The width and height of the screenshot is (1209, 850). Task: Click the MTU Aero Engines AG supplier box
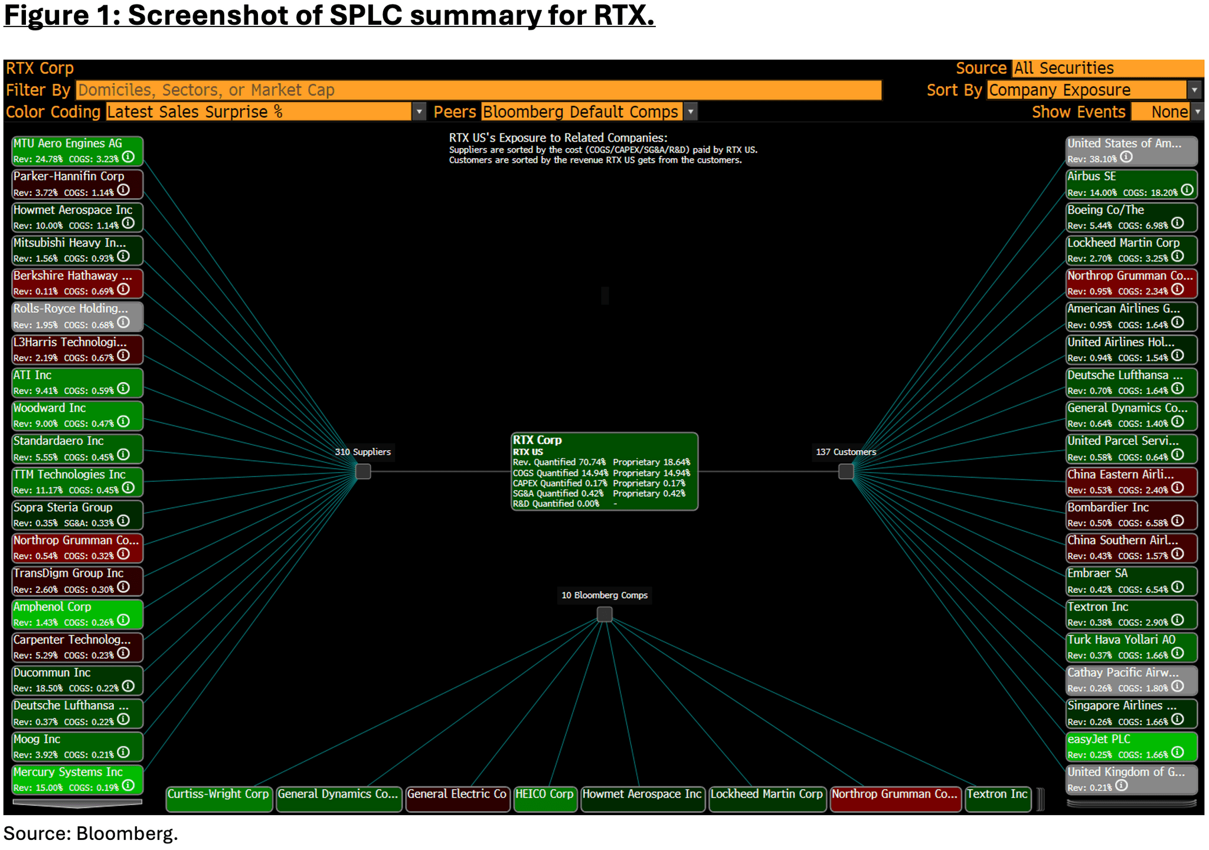77,150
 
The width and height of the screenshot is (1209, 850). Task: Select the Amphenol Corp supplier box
77,614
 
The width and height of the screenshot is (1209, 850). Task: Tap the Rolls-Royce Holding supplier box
77,316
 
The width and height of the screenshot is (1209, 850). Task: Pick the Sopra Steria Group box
77,514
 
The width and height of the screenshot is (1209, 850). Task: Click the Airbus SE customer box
1131,183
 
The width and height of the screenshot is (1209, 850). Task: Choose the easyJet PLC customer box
1131,746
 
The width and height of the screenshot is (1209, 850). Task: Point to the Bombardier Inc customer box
1131,514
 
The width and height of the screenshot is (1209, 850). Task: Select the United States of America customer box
1131,150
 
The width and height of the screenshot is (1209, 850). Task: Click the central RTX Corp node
604,471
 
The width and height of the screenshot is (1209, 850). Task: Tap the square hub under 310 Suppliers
363,471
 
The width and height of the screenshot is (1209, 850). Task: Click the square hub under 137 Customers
846,471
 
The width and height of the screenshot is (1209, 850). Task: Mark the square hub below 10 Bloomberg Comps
604,614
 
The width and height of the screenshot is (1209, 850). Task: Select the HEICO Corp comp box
545,799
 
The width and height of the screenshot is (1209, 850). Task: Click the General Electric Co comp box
457,799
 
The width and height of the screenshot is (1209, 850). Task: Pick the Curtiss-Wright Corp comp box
218,799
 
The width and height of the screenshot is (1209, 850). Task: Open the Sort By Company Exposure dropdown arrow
1194,90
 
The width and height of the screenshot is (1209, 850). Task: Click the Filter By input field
478,90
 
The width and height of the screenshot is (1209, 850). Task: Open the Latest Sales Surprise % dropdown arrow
419,111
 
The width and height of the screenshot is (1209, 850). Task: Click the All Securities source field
1107,68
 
